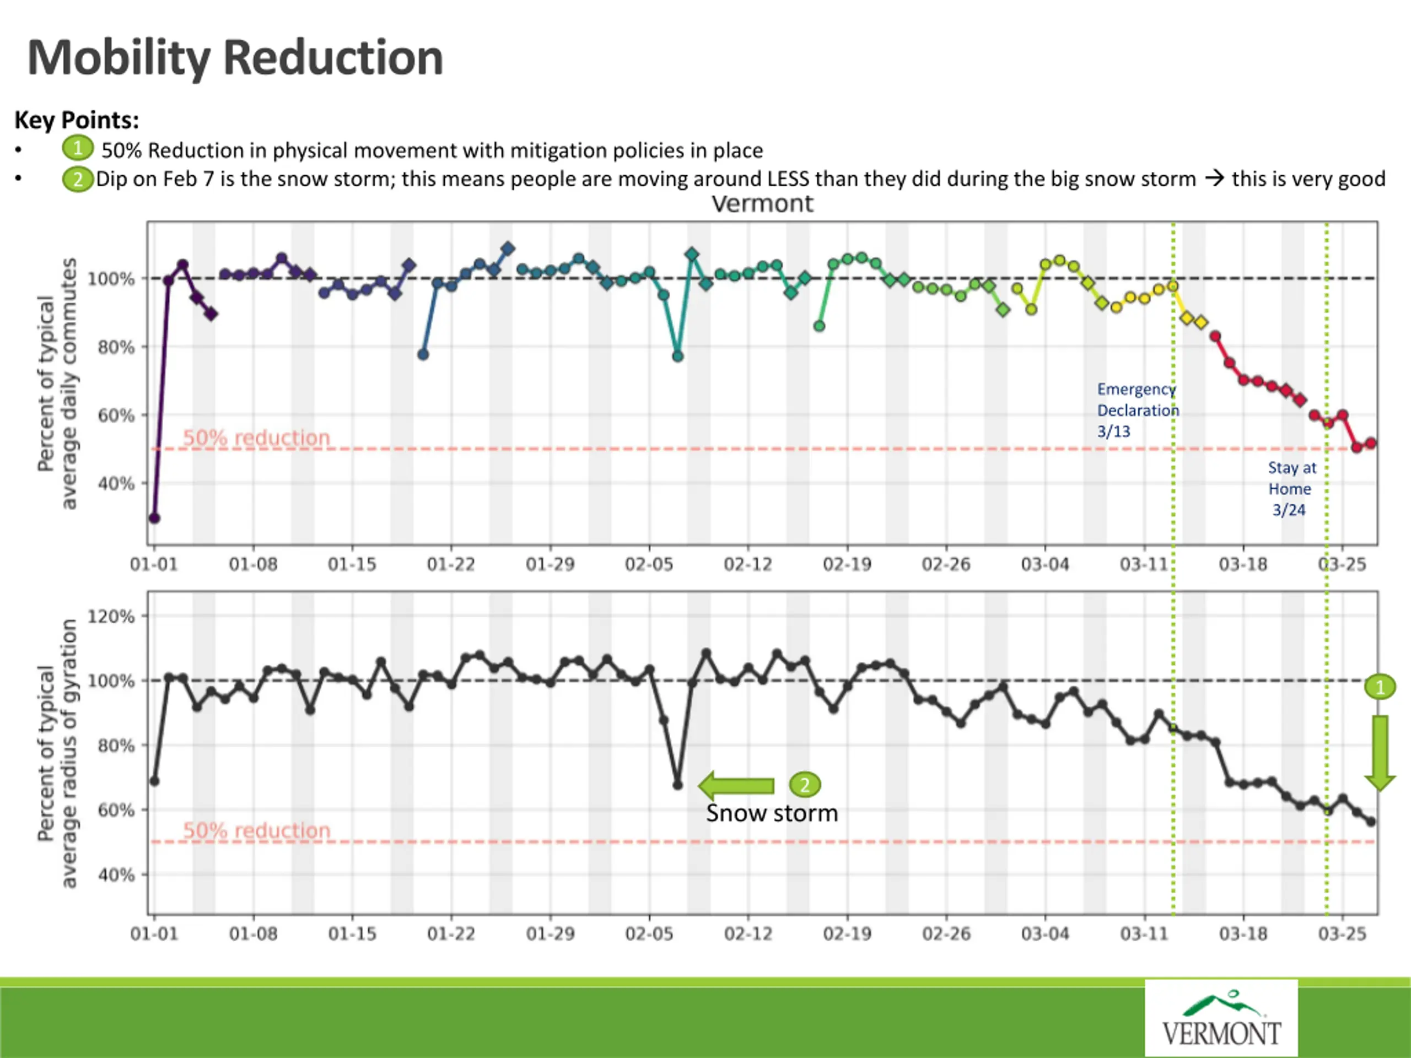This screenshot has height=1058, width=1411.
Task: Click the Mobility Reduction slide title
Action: point(235,57)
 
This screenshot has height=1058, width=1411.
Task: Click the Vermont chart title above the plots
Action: point(762,204)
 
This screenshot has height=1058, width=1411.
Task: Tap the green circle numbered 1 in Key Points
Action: point(77,149)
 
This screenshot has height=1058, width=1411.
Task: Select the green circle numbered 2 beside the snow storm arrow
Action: point(804,785)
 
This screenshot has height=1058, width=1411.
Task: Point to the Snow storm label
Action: point(772,813)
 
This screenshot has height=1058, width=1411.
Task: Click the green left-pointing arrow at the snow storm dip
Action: point(736,786)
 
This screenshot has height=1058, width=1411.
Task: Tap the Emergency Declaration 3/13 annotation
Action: point(1138,410)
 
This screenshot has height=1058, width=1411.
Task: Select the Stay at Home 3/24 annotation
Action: point(1290,489)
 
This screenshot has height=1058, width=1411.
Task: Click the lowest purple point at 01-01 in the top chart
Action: point(154,518)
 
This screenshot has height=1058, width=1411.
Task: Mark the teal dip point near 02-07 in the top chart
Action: point(678,356)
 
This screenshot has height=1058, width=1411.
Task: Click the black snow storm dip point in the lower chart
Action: point(678,785)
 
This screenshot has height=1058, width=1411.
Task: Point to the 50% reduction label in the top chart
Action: point(256,438)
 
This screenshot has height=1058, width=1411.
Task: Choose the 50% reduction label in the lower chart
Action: point(256,830)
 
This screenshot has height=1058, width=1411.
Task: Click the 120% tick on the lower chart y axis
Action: point(111,616)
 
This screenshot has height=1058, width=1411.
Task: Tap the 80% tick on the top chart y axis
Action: point(115,347)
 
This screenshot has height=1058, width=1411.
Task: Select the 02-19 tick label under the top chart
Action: point(847,564)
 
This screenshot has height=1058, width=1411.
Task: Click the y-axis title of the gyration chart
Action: point(57,753)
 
